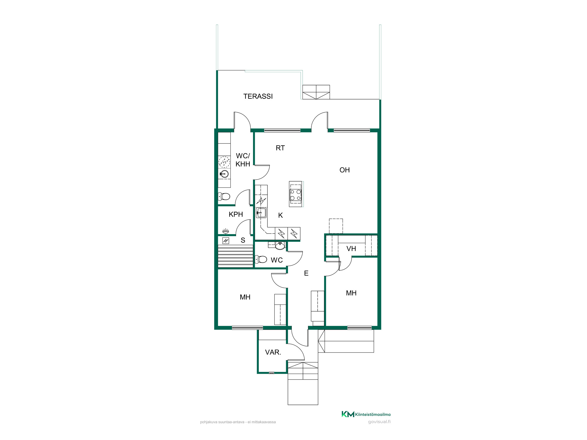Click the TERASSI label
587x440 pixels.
(x=258, y=96)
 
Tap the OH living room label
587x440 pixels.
(x=345, y=170)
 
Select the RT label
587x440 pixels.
(x=280, y=148)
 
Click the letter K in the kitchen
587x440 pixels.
(x=281, y=215)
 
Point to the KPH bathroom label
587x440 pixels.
(x=236, y=214)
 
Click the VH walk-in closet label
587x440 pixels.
(x=351, y=249)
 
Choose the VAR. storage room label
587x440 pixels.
(x=273, y=352)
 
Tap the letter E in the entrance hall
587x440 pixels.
(x=306, y=273)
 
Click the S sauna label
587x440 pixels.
(x=243, y=240)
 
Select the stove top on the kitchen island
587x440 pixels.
(x=296, y=195)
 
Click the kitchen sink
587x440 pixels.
(x=261, y=213)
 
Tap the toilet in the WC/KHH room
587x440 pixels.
(x=224, y=196)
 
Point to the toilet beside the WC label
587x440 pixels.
(x=261, y=259)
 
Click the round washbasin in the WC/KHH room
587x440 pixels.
(x=224, y=174)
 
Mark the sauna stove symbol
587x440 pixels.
(x=226, y=241)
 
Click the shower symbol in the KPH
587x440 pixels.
(x=225, y=231)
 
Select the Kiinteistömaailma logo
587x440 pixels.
(x=366, y=414)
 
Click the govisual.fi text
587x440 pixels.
(x=379, y=422)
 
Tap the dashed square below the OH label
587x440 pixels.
(x=336, y=226)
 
